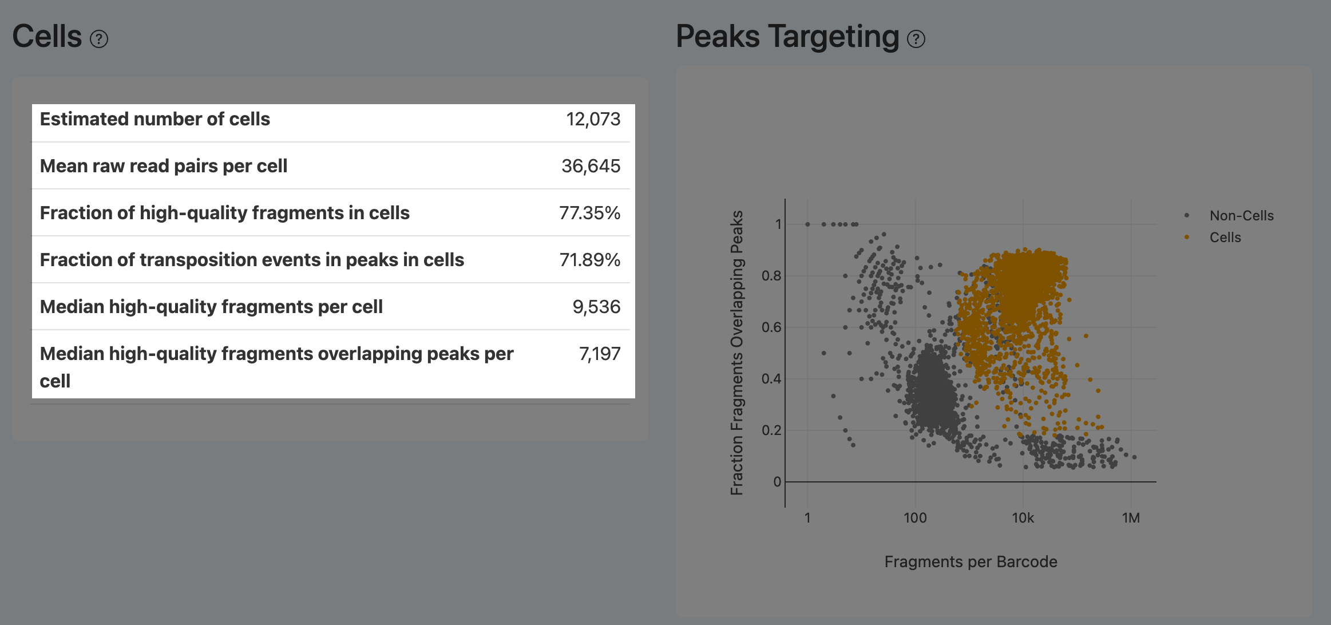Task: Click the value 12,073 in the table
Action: coord(593,119)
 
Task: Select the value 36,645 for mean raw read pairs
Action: coord(591,166)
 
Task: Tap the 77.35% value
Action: coord(589,213)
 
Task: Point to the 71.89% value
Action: coord(589,260)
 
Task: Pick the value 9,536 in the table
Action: coord(596,307)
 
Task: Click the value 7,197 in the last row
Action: coord(600,354)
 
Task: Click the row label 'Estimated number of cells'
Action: coord(155,119)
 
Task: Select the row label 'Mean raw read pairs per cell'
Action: coord(163,166)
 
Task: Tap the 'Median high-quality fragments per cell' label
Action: coord(211,307)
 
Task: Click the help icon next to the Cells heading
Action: coord(99,39)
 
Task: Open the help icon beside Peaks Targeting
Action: coord(916,39)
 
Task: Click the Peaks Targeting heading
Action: coord(787,37)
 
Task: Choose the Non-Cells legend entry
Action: coord(1241,216)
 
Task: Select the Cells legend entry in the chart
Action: coord(1225,238)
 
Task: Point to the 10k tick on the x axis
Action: coord(1023,518)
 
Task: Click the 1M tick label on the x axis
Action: coord(1131,518)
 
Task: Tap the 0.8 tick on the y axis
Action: coord(771,276)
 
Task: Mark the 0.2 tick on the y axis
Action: coord(771,430)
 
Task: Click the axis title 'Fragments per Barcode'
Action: coord(970,561)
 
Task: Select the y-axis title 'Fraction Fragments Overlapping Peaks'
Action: coord(736,353)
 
